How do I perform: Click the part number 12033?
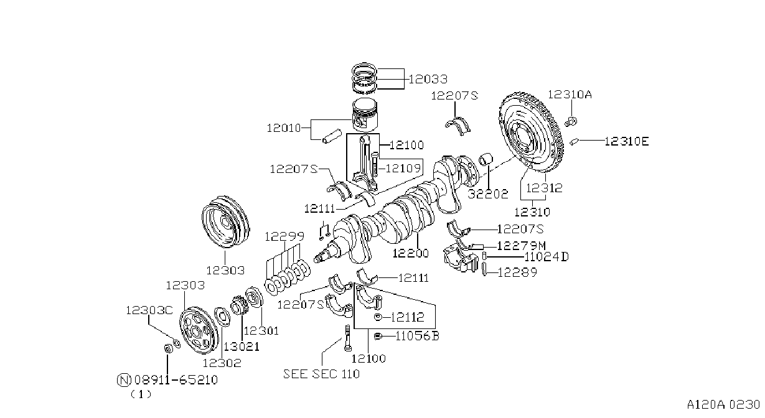tap(428, 79)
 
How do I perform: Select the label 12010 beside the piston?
tap(284, 128)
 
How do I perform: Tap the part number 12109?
tap(403, 168)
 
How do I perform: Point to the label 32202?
tap(488, 194)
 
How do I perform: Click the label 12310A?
tap(570, 95)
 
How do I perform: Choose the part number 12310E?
tap(627, 141)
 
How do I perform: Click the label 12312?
tap(544, 188)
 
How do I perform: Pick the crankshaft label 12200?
tap(410, 253)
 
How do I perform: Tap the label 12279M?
tap(522, 246)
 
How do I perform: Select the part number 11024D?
tap(547, 257)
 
